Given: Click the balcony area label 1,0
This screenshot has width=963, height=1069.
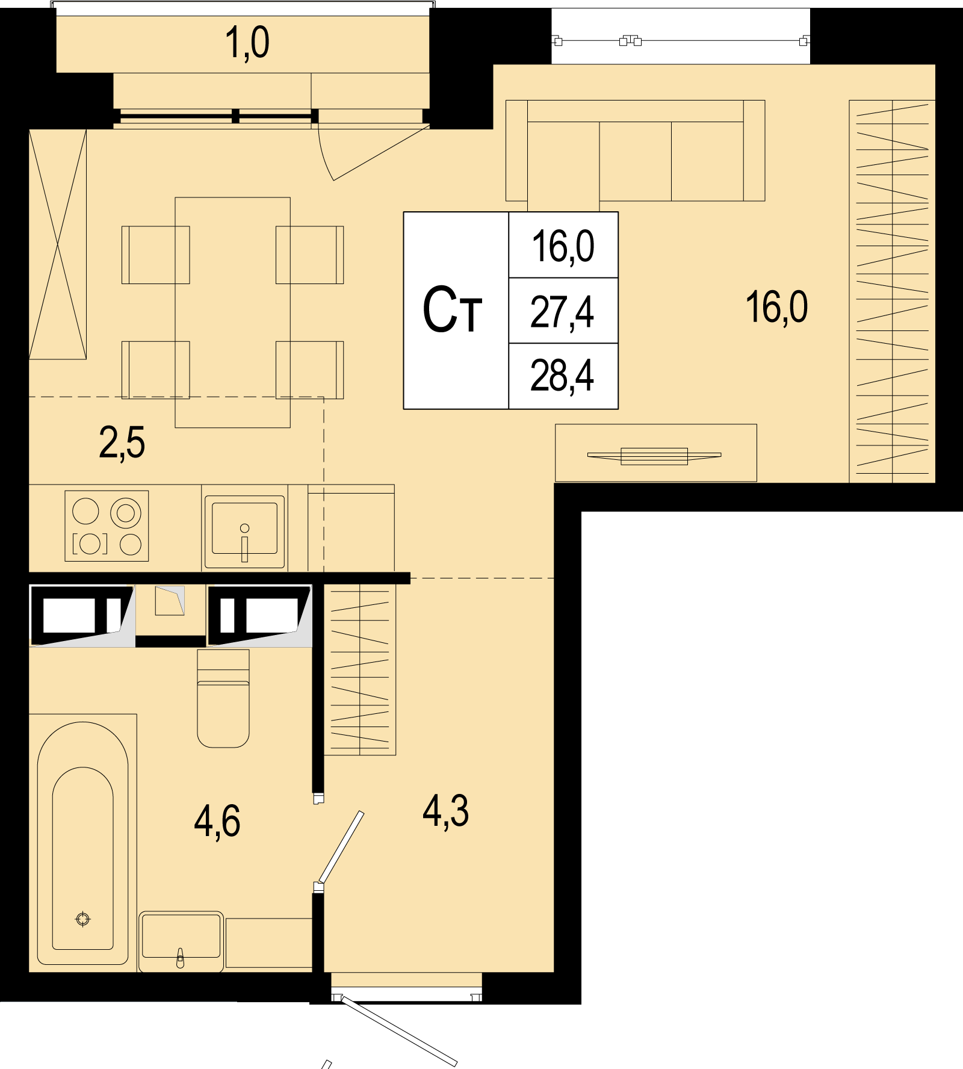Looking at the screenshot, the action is point(247,43).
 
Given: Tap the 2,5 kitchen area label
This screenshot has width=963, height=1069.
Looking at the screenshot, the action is point(122,443).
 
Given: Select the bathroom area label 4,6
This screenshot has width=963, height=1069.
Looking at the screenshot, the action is point(217,821).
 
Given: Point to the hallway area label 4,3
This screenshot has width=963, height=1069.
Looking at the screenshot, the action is point(445,811).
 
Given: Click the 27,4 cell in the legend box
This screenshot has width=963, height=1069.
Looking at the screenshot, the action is point(562,312).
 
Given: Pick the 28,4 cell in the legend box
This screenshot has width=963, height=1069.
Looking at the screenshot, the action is point(562,376).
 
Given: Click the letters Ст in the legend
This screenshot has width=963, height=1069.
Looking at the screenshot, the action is point(453,311).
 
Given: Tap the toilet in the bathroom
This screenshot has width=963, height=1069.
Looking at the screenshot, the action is point(223,698).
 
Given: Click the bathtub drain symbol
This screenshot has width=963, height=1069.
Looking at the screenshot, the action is point(83,919).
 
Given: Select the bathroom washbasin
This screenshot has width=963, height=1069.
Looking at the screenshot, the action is point(181,941).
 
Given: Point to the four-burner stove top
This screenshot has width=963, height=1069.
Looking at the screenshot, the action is point(107,526).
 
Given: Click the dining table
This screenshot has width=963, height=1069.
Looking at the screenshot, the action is point(232,312).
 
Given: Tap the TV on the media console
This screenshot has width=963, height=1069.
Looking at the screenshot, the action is point(654,456).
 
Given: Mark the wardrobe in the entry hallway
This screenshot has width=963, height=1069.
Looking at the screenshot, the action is point(360,669).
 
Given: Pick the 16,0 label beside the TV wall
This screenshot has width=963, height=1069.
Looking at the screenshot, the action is point(776,307).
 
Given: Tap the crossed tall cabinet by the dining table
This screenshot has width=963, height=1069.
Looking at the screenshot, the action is point(58,244).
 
